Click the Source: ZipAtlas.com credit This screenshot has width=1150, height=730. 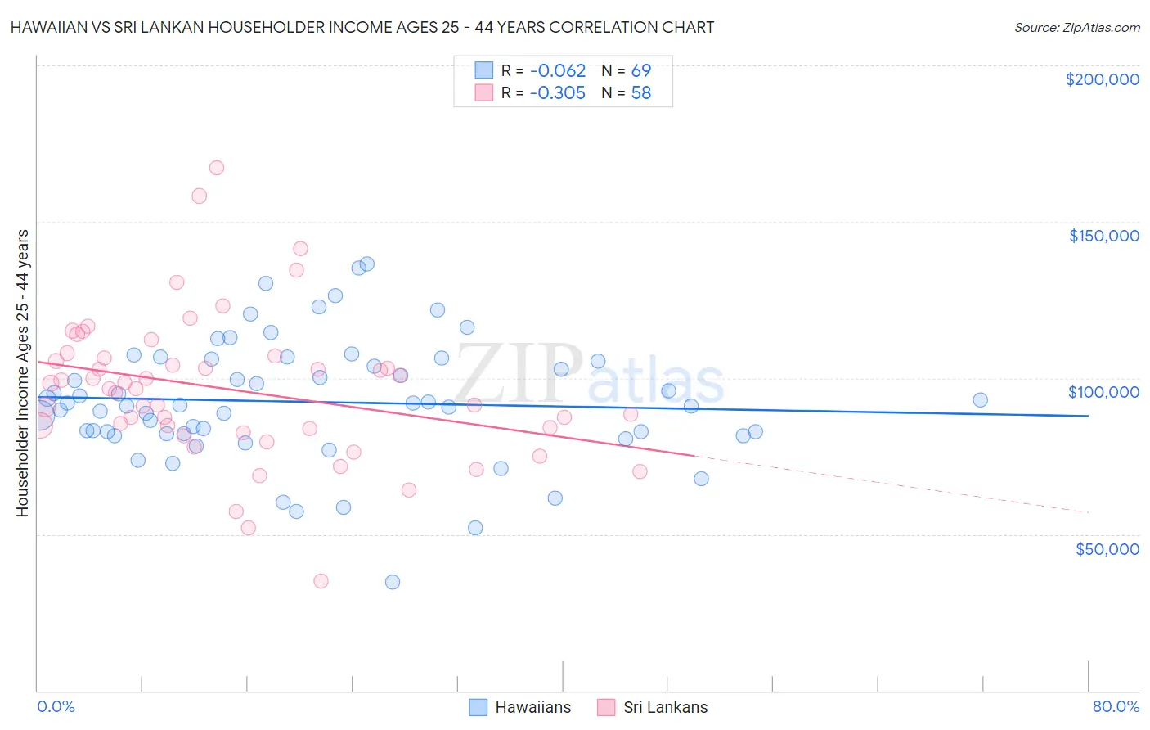[1076, 27]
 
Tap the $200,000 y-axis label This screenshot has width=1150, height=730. [1102, 79]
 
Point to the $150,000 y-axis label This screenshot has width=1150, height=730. [1103, 236]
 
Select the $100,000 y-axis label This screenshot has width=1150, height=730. [1103, 392]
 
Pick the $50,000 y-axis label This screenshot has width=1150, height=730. [1107, 549]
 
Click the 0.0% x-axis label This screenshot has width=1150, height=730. [56, 706]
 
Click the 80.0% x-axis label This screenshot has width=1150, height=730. [1116, 706]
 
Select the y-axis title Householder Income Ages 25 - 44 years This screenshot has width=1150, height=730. [22, 373]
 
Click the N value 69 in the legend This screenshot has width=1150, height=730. [640, 70]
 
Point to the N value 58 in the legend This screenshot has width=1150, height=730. [640, 93]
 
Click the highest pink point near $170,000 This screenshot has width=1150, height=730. [217, 168]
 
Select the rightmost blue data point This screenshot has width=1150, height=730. [980, 400]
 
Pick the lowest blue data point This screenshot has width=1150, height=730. [393, 582]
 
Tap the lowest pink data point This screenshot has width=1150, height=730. [321, 581]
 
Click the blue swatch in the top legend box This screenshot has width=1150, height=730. [484, 70]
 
